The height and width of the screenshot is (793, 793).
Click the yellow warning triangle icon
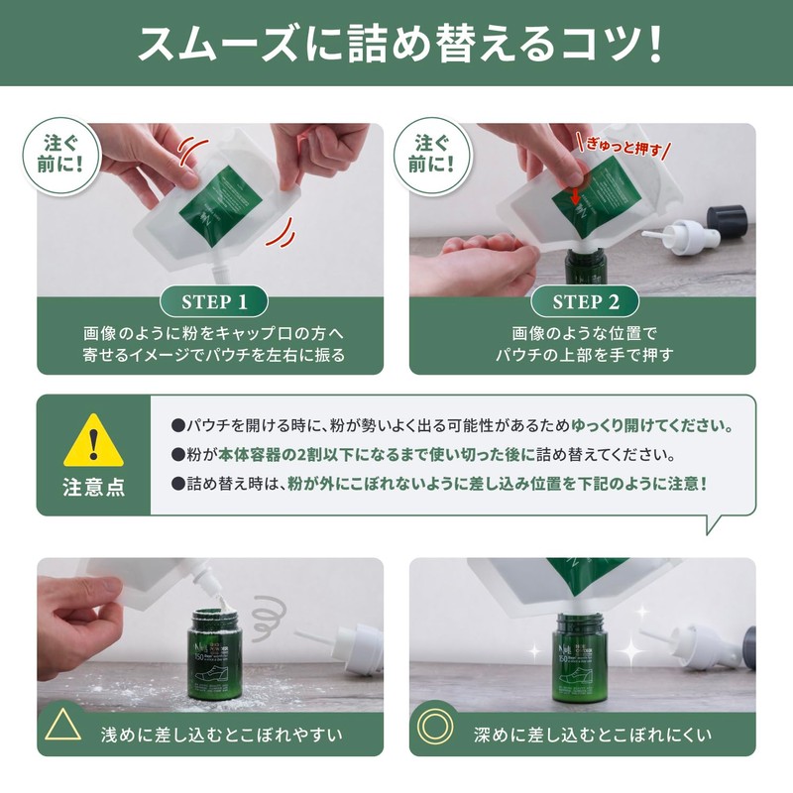click(x=93, y=443)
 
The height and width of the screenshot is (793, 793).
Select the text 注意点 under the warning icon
click(x=93, y=489)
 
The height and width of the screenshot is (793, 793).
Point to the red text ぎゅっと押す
click(x=622, y=151)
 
